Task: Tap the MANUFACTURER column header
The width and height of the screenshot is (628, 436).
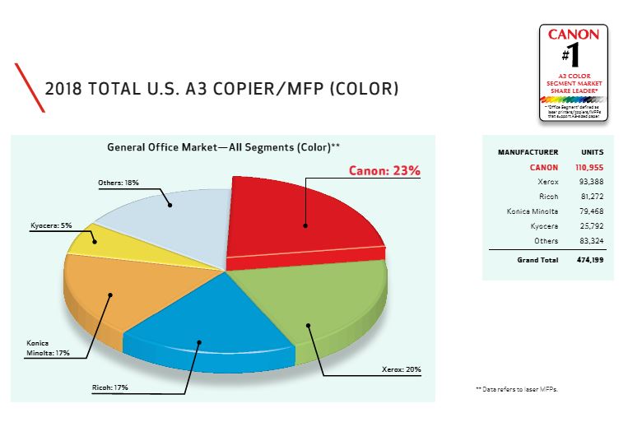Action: click(528, 152)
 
